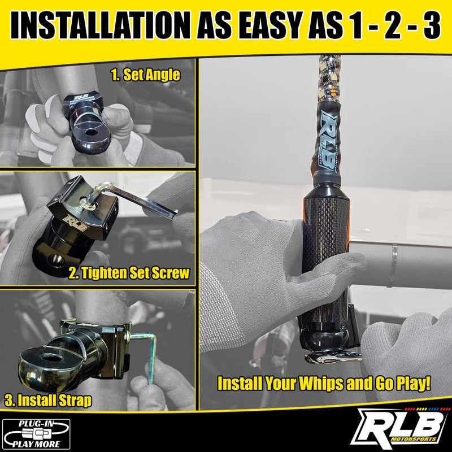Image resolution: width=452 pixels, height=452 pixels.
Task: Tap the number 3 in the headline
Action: (x=432, y=25)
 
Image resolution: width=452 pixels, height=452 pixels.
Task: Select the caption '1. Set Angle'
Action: (x=146, y=75)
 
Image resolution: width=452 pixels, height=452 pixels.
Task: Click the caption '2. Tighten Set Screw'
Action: (x=129, y=273)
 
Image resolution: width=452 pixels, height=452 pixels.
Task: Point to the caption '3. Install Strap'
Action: (x=48, y=401)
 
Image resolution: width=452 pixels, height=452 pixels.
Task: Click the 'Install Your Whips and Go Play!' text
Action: (x=324, y=384)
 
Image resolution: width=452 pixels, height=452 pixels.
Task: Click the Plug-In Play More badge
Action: (x=36, y=434)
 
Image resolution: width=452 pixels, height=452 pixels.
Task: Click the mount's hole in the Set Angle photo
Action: (x=91, y=133)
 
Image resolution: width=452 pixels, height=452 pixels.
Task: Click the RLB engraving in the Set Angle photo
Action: (x=80, y=97)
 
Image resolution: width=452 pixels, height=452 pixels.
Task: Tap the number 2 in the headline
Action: (x=390, y=25)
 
